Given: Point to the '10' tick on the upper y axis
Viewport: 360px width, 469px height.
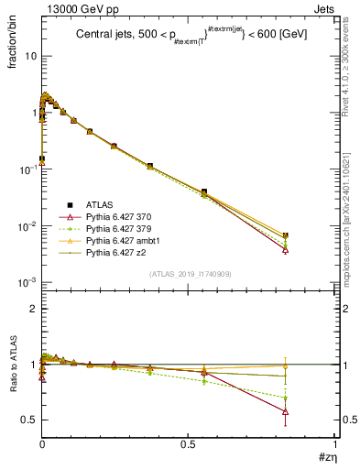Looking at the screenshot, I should click(28, 56).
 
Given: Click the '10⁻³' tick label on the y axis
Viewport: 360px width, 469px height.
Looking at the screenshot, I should click(26, 282).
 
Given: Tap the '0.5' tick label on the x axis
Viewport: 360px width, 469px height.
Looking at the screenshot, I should click(188, 444).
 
